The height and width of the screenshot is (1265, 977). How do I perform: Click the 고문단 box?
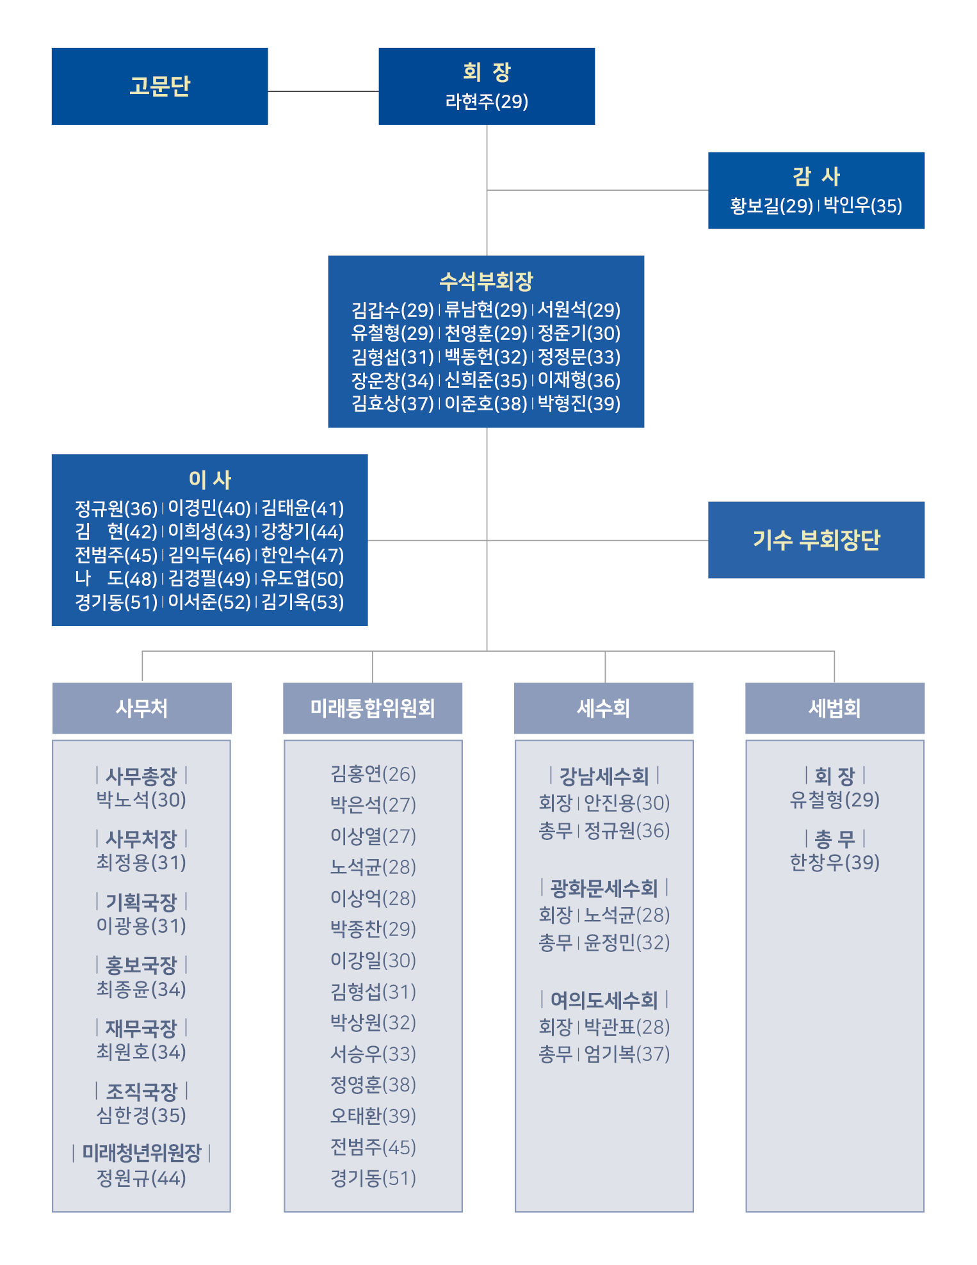159,86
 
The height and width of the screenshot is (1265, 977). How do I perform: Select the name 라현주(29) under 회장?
487,101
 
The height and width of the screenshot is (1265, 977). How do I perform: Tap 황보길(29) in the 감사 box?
771,205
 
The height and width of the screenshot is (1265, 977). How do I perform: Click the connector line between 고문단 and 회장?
323,92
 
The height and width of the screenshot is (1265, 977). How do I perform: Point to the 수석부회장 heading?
486,280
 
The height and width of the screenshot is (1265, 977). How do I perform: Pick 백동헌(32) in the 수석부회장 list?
486,357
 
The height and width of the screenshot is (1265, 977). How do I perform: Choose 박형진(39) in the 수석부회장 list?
579,403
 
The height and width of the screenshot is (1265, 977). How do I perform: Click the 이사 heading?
209,479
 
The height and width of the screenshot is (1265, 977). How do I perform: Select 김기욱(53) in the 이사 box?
302,602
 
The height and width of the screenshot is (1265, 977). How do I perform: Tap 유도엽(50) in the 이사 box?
302,579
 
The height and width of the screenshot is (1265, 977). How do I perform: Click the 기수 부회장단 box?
816,540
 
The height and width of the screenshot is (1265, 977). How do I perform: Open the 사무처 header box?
141,708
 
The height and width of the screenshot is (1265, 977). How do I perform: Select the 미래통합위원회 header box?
373,708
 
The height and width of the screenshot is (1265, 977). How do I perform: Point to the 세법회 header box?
835,708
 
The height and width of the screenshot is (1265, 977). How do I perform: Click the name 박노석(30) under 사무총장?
141,800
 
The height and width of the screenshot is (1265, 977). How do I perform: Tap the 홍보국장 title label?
141,965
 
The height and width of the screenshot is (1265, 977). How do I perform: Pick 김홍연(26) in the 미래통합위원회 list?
373,774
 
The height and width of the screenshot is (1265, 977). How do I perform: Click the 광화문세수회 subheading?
604,888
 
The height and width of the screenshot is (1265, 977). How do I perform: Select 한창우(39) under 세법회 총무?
835,862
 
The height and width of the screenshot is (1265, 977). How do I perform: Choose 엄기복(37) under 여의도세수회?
627,1054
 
